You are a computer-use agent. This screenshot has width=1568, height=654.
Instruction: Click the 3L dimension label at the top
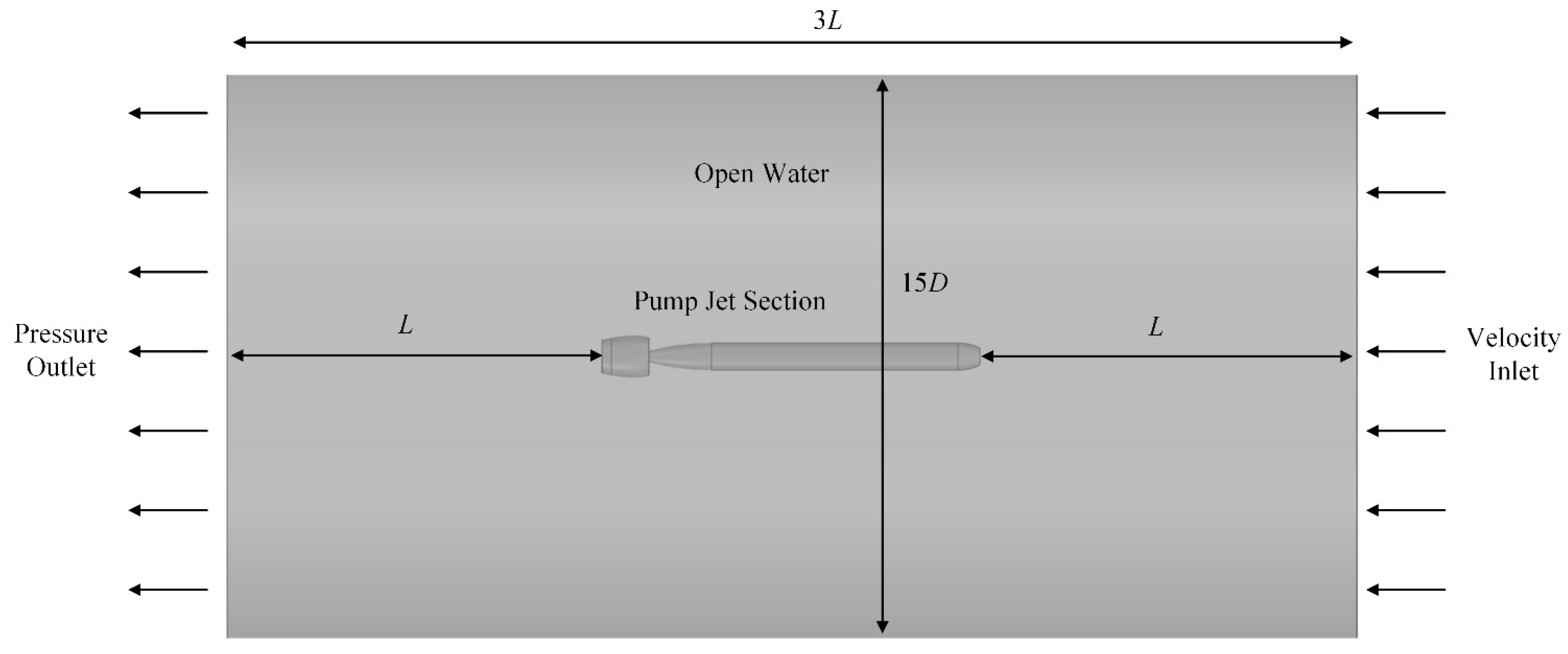tap(827, 21)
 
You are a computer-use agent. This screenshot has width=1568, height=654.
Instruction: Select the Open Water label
tap(762, 174)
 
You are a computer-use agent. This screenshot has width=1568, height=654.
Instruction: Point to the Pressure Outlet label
tap(61, 351)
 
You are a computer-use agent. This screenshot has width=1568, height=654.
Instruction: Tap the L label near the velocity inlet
tap(1155, 327)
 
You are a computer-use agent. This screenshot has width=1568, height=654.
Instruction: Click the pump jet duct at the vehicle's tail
tap(626, 356)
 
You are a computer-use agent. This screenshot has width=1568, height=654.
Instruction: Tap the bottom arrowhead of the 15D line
tap(882, 626)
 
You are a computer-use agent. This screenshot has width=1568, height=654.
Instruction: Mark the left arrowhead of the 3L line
tap(240, 42)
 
